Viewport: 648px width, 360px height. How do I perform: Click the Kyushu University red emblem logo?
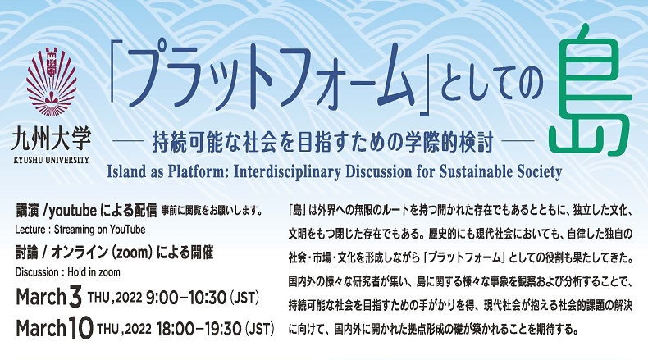pyautogui.click(x=51, y=82)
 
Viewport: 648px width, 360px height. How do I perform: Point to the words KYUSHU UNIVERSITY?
pyautogui.click(x=51, y=161)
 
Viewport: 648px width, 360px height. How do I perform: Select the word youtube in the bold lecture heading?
pyautogui.click(x=73, y=212)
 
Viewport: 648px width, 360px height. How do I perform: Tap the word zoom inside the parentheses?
pyautogui.click(x=132, y=253)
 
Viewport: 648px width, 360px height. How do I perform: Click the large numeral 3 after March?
pyautogui.click(x=75, y=298)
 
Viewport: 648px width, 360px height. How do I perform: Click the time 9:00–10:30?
pyautogui.click(x=186, y=298)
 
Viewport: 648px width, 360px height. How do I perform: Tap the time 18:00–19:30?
pyautogui.click(x=199, y=329)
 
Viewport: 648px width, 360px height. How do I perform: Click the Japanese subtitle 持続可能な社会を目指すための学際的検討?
pyautogui.click(x=322, y=142)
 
